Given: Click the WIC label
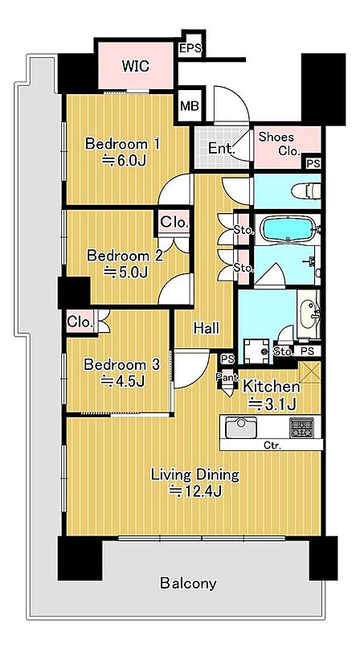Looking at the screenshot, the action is (x=135, y=66).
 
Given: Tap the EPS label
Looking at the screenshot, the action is (x=190, y=49).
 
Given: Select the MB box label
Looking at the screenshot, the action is (x=190, y=106).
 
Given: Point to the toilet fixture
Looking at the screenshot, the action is (x=305, y=191).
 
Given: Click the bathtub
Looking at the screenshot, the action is (x=289, y=228).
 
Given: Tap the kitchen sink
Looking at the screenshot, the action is (x=241, y=427).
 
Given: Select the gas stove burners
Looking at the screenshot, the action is (x=301, y=428).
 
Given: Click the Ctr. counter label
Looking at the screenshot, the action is (x=272, y=445).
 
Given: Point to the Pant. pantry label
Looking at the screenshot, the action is (x=227, y=377).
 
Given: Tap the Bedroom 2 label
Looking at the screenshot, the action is (x=125, y=256).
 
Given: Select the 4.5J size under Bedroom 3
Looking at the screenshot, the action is (x=123, y=381).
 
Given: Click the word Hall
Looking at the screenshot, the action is (x=207, y=329).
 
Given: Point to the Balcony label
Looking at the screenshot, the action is (x=188, y=584).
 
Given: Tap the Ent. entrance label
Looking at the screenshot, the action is (x=221, y=148).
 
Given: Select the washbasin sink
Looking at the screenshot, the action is (x=309, y=314).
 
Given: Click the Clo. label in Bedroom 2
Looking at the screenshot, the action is (x=174, y=223).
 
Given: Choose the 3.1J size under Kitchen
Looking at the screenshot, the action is (x=271, y=404).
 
